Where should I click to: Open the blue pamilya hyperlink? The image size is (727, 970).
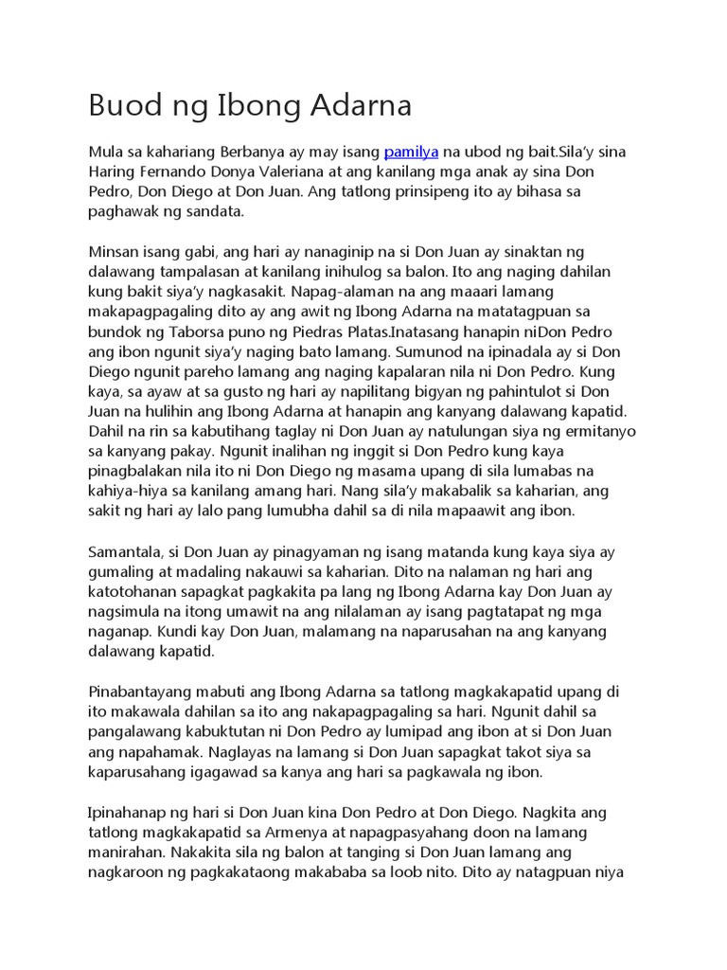tap(411, 153)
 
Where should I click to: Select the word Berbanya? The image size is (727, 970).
tap(256, 153)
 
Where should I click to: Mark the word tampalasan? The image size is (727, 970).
tap(197, 272)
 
